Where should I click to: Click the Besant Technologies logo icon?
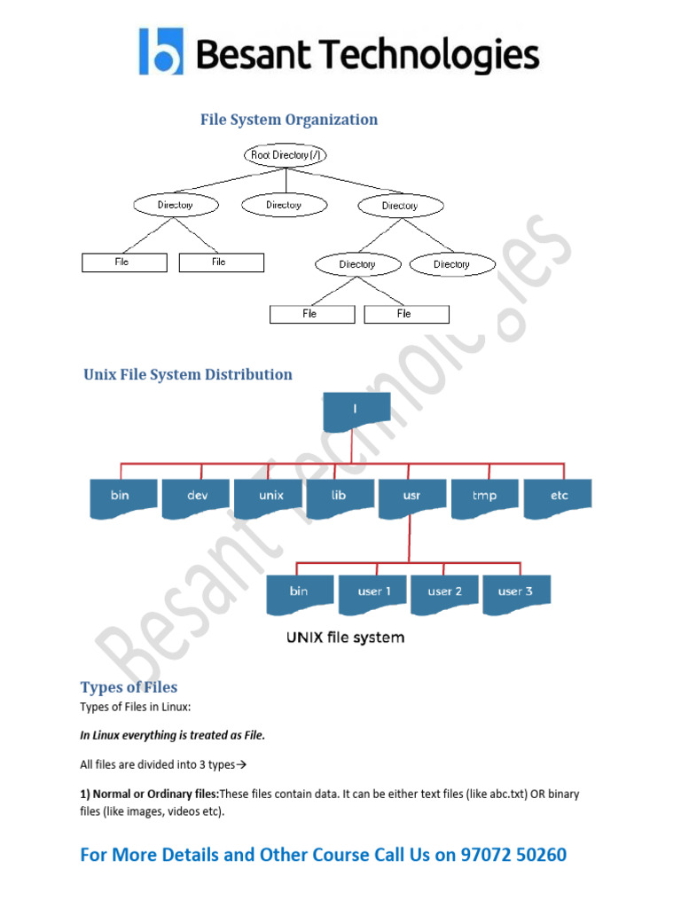point(161,51)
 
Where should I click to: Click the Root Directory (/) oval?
point(286,155)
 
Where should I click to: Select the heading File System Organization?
point(289,120)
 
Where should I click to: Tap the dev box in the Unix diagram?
point(197,497)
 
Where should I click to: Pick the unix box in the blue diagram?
point(270,497)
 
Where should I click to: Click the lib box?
point(340,497)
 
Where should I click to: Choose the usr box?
point(411,497)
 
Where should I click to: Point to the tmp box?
point(485,497)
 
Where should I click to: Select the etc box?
point(559,497)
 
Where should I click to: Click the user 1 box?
point(372,592)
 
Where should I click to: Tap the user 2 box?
point(444,592)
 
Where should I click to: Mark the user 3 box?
point(515,592)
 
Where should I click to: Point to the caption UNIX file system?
point(344,637)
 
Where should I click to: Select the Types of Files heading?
point(129,687)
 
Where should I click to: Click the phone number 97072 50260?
point(513,855)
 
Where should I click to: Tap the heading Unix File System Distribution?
point(188,374)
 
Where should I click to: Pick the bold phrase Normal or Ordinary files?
point(156,794)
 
